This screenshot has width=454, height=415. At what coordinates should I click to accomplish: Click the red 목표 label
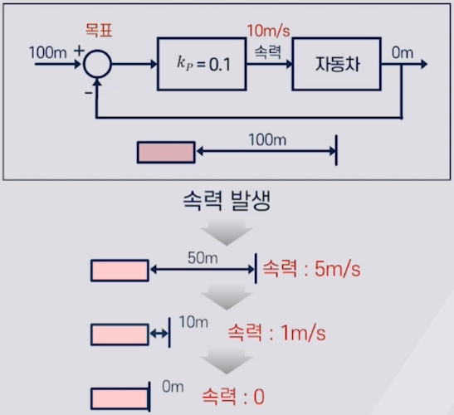click(99, 31)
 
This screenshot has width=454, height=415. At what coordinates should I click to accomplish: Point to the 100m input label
click(48, 53)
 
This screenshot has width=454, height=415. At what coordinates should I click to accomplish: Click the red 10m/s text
click(268, 31)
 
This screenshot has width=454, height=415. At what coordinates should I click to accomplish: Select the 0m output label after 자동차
click(403, 53)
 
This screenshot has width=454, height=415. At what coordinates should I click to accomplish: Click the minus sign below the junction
click(88, 93)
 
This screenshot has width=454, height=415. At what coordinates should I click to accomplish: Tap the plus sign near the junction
click(79, 51)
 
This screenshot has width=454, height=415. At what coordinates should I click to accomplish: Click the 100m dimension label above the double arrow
click(267, 140)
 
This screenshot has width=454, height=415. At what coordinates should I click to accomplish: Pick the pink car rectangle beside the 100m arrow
click(166, 153)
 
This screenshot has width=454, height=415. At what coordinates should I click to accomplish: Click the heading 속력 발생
click(227, 200)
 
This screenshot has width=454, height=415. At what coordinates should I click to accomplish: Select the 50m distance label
click(203, 258)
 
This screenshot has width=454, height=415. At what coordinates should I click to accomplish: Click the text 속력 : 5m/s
click(311, 269)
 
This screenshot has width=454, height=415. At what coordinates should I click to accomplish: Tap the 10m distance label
click(193, 322)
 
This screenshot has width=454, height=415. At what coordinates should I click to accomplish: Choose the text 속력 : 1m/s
click(277, 333)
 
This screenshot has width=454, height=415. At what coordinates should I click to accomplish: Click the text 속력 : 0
click(233, 397)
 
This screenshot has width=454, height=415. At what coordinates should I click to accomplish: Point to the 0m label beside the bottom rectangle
click(173, 387)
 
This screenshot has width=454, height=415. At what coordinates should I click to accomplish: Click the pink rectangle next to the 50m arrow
click(120, 271)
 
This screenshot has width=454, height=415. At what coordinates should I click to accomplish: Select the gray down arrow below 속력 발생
click(227, 232)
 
